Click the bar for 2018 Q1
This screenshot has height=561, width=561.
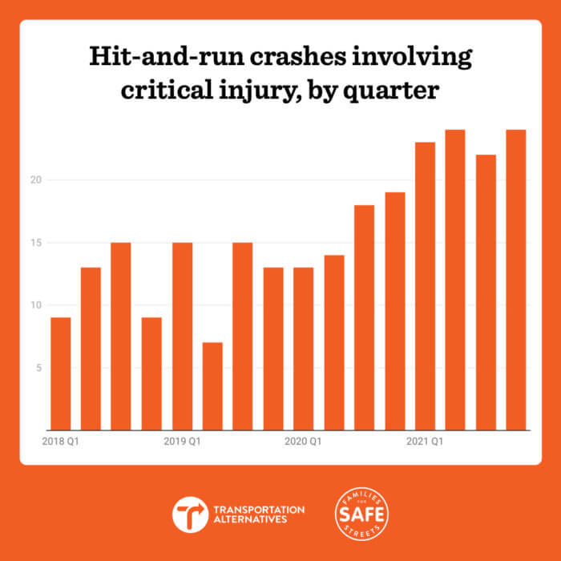[x=61, y=373]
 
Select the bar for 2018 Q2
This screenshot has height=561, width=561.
[x=91, y=349]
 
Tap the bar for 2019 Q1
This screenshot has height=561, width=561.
[x=182, y=336]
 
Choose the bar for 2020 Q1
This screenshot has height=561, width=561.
[x=303, y=349]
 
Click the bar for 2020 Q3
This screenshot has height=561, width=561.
[x=364, y=317]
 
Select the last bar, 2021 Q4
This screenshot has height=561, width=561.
[x=515, y=280]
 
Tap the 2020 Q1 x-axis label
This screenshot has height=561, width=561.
[x=303, y=441]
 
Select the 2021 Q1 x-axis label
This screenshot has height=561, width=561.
[x=425, y=441]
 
